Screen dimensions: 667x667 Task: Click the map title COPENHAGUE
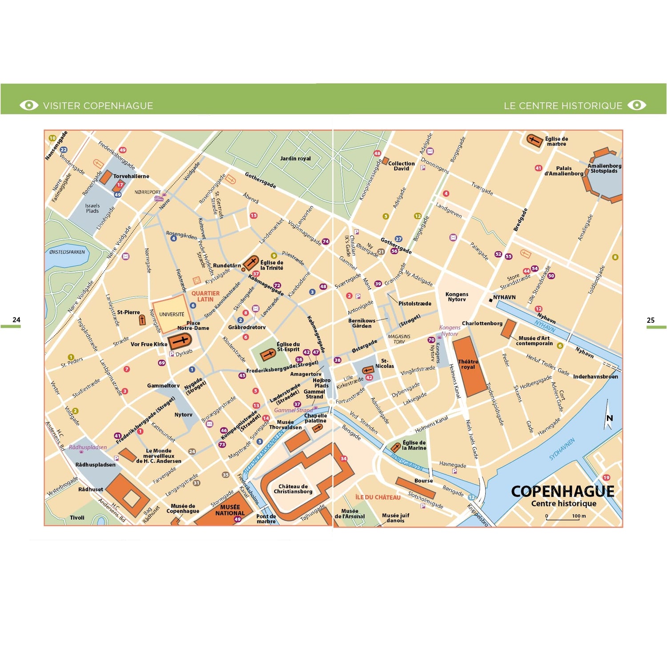(563, 491)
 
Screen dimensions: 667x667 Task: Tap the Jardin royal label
(295, 158)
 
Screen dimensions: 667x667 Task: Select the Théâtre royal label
(468, 364)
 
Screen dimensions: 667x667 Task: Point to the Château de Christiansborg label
(293, 489)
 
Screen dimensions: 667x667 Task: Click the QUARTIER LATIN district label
(205, 296)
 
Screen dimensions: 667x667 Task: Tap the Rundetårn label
(227, 265)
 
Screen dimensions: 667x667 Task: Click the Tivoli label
(77, 518)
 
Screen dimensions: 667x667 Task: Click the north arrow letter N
(610, 418)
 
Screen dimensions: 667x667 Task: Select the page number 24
(16, 320)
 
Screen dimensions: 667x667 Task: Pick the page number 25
(651, 320)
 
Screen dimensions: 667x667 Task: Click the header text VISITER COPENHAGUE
(98, 106)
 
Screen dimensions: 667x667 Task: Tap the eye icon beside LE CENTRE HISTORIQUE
(637, 105)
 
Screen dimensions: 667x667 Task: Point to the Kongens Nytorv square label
(457, 297)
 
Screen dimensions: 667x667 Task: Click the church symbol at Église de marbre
(534, 141)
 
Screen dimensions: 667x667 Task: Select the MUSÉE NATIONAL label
(230, 510)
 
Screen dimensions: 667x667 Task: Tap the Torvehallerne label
(131, 176)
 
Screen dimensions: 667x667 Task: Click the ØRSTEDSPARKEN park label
(67, 252)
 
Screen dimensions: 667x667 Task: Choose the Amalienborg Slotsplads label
(604, 168)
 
